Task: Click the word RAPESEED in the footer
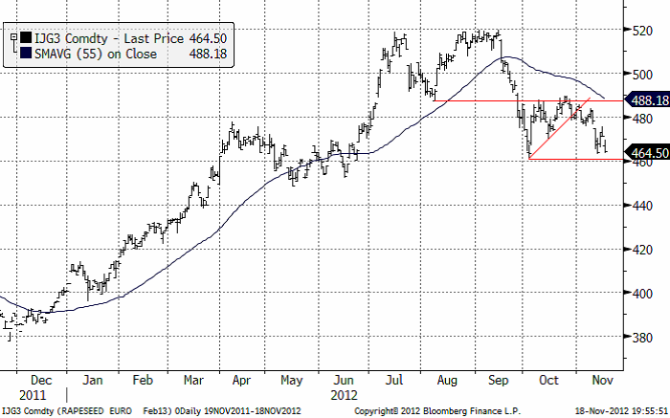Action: click(x=94, y=409)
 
